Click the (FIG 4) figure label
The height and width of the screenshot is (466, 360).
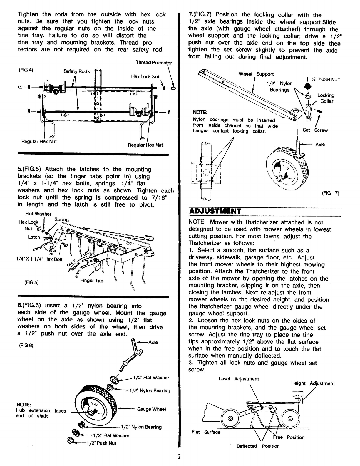[x=26, y=70]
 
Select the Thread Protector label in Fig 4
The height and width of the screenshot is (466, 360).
[x=154, y=63]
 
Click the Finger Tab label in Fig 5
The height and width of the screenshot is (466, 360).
[x=91, y=281]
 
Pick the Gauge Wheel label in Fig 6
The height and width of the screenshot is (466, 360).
[x=152, y=409]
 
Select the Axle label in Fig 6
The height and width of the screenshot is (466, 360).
[x=153, y=342]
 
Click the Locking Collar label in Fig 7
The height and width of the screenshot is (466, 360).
[x=326, y=98]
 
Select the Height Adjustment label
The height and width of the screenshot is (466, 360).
[x=313, y=383]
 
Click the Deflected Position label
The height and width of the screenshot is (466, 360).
[x=258, y=446]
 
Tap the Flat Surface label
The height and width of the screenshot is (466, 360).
[x=206, y=432]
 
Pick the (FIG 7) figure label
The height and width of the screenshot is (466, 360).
[x=331, y=193]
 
